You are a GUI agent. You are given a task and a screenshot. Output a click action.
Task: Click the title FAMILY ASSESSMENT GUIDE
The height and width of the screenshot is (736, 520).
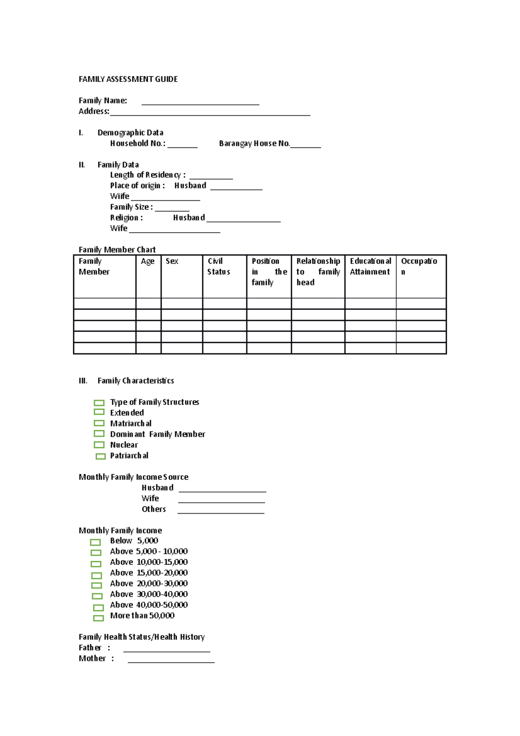[x=128, y=79]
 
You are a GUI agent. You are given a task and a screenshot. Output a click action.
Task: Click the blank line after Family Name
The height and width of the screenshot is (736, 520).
[x=200, y=102]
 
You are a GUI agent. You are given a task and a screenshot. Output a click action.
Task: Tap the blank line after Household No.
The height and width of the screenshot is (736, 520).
[x=182, y=146]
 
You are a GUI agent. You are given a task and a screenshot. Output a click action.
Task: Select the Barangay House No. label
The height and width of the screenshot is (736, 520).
[x=254, y=143]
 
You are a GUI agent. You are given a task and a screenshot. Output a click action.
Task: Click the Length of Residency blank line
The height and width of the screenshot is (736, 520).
[x=211, y=177]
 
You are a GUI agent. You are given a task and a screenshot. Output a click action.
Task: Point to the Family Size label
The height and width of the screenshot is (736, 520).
[x=131, y=207]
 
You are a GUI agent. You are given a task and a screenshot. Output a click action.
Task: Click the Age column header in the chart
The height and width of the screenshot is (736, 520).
[x=148, y=261]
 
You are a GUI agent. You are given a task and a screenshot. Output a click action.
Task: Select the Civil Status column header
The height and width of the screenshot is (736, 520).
[x=218, y=267]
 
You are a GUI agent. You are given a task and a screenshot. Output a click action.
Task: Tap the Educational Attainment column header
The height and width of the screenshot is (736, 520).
[x=370, y=267]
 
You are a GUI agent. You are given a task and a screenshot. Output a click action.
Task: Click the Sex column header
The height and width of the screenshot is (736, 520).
[x=172, y=261]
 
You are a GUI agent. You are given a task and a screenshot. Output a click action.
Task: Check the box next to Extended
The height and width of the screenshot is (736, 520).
[x=99, y=412]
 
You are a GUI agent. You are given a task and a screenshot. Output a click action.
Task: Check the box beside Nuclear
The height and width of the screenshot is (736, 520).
[x=99, y=445]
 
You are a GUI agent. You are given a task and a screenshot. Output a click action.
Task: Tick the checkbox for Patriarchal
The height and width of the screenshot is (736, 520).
[x=101, y=456]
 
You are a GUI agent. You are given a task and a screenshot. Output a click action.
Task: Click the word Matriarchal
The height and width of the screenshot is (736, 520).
[x=131, y=423]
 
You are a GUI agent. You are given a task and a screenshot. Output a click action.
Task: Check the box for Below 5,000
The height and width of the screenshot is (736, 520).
[x=95, y=542]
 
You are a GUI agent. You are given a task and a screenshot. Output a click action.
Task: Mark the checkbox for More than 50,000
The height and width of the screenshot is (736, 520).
[x=98, y=618]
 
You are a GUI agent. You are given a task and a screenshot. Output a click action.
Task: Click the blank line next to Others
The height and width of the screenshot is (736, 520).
[x=221, y=511]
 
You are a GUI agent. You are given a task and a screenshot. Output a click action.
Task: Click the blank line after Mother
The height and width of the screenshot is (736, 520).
[x=171, y=661]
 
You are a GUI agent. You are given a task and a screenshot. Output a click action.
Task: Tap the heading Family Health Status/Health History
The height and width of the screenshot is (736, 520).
[x=142, y=637]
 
